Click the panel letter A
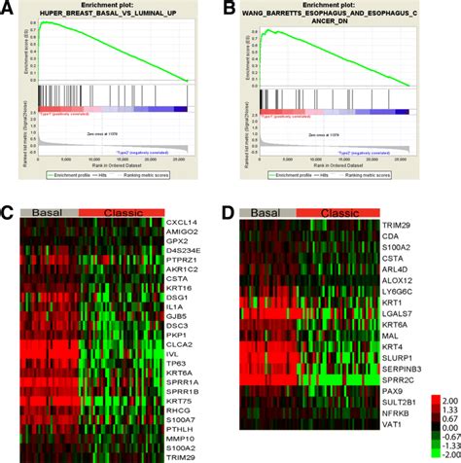(x=9, y=9)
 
